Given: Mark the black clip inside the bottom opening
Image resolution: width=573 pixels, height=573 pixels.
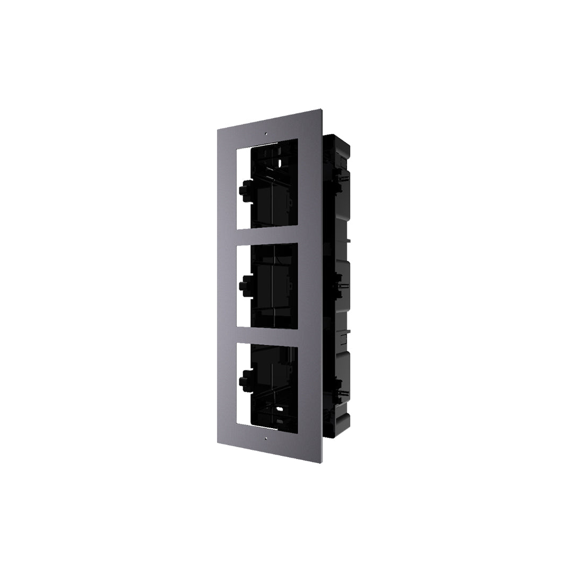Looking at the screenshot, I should point(245,380).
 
